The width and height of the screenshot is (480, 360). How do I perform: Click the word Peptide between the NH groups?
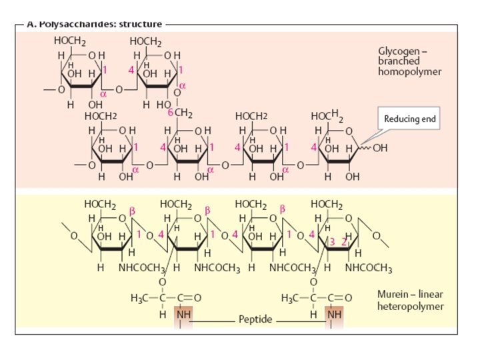(x=255, y=320)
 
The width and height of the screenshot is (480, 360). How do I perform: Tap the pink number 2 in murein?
(x=344, y=242)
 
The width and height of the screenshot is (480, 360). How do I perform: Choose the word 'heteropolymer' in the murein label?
(x=407, y=306)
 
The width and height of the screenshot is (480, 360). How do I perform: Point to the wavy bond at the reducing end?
(x=365, y=148)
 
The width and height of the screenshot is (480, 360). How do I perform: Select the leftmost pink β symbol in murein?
(x=131, y=209)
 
